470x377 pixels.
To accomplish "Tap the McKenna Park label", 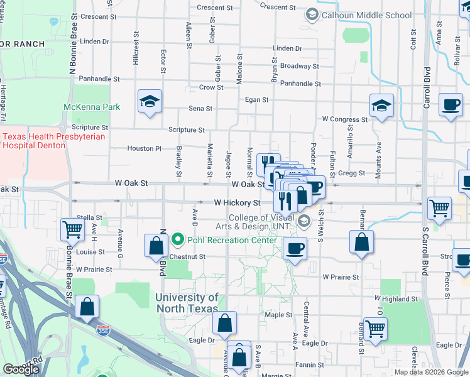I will click(x=92, y=107).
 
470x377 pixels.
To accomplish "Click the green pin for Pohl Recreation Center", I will click(x=177, y=240).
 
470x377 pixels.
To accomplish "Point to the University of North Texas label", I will click(x=187, y=303).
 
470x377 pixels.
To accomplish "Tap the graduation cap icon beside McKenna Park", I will click(x=150, y=102).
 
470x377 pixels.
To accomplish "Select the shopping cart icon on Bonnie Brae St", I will click(x=72, y=230).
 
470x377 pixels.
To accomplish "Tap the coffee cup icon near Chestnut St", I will click(x=294, y=248).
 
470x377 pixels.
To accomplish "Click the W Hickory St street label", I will click(x=237, y=203).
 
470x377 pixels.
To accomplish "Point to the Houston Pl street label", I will click(x=140, y=148).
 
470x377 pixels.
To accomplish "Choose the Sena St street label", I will click(x=200, y=109).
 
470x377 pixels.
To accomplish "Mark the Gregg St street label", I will click(x=352, y=173).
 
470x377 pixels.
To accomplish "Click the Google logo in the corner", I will click(x=21, y=369).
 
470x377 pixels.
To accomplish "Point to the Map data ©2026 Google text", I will click(x=430, y=372).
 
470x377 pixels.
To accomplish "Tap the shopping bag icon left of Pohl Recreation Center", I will click(x=155, y=247).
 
